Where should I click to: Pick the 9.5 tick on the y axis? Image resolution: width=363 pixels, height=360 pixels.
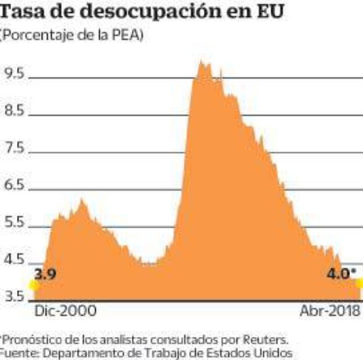pos(14,73)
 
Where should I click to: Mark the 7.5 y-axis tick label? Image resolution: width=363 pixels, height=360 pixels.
pos(14,148)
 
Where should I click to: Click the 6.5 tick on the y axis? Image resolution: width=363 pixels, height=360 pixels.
pos(14,185)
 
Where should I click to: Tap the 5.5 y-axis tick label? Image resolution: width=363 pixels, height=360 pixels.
pos(14,223)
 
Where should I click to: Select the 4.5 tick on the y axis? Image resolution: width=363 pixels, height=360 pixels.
pos(14,260)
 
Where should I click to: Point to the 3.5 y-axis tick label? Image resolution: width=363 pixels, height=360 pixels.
pos(14,297)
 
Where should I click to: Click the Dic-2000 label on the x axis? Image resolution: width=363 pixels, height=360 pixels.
pos(66,311)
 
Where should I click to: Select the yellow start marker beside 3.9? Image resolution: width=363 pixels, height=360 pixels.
pos(34,285)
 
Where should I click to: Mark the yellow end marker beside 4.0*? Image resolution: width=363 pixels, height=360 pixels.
pos(360,283)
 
